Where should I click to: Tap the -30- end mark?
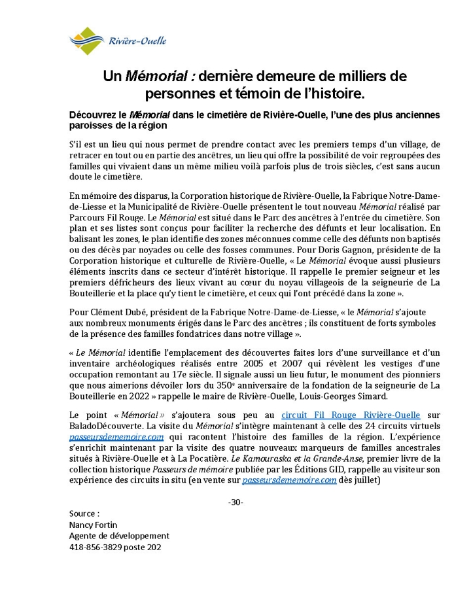click(x=235, y=502)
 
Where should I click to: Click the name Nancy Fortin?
click(x=93, y=525)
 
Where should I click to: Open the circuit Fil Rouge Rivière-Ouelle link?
click(x=350, y=415)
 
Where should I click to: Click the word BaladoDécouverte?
click(x=108, y=426)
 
